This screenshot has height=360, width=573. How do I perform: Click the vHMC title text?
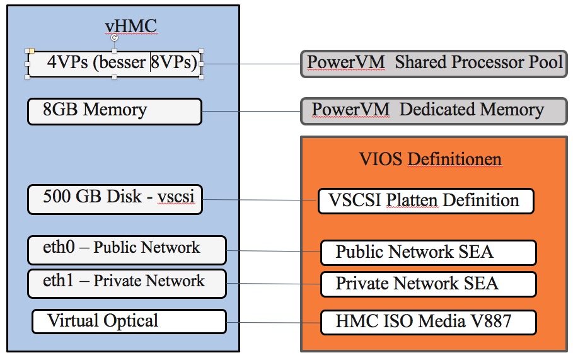[130, 26]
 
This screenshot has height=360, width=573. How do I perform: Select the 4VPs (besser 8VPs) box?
[114, 63]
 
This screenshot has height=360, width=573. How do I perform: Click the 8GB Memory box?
[114, 111]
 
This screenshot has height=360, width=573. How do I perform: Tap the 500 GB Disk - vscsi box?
[115, 199]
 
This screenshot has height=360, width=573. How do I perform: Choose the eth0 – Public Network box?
[127, 250]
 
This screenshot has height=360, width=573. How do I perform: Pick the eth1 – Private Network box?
[127, 282]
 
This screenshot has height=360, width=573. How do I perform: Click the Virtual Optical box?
[129, 322]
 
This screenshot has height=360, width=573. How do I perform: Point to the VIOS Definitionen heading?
[430, 159]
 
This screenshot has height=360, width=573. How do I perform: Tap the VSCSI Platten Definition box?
[425, 201]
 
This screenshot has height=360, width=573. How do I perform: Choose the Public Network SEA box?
[428, 253]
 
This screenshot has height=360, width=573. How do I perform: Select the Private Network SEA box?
[428, 284]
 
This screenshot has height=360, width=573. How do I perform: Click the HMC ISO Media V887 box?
[428, 322]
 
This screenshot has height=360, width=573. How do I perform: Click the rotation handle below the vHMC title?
[114, 38]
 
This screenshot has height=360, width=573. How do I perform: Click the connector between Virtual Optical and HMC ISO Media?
[272, 323]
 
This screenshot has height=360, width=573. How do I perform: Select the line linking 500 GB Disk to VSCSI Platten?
[260, 200]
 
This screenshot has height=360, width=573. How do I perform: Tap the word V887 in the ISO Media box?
[489, 322]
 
